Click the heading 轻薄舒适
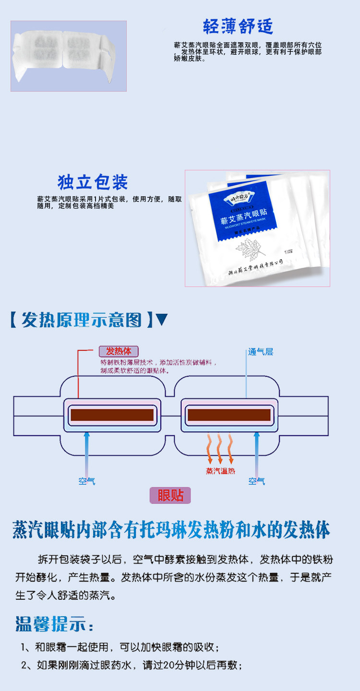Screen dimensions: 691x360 click(238, 26)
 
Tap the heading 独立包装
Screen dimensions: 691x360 click(93, 182)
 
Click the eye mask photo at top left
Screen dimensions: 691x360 click(68, 56)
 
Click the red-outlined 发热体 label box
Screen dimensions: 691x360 click(118, 351)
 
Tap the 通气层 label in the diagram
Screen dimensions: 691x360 click(261, 352)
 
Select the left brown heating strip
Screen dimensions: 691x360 click(111, 415)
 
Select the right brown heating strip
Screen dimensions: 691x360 click(228, 415)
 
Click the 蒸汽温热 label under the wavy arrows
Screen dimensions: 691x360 click(220, 471)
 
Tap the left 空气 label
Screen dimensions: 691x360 click(87, 480)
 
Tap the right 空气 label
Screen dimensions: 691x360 click(256, 480)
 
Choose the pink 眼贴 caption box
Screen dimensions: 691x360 click(170, 495)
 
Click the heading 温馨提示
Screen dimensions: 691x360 click(54, 624)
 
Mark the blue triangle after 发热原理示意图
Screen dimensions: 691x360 click(162, 319)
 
